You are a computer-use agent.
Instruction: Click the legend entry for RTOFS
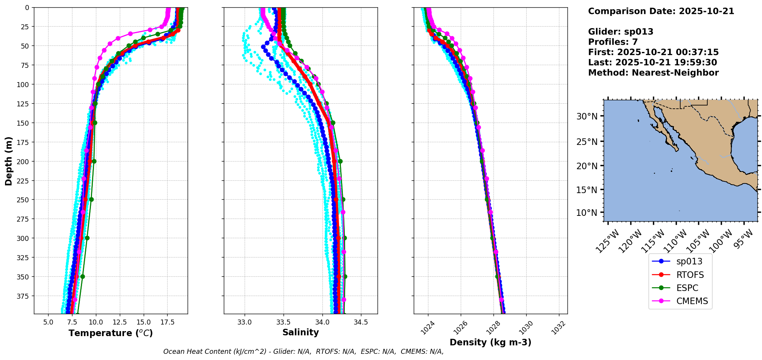tap(690, 275)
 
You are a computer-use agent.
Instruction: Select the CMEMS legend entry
tap(692, 301)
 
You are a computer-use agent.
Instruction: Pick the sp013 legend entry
tap(689, 261)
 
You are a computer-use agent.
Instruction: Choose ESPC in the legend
tap(687, 288)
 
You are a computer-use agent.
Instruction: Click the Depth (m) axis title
tap(8, 161)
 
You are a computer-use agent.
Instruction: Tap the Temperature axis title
tap(111, 333)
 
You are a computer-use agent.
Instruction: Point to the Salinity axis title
tap(300, 332)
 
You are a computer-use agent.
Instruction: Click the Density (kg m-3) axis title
tap(490, 342)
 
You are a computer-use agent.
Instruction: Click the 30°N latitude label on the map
tap(587, 116)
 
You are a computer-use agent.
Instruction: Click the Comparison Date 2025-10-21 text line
tap(661, 11)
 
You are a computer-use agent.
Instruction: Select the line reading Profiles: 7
tap(613, 42)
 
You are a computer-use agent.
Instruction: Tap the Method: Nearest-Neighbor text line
tap(653, 73)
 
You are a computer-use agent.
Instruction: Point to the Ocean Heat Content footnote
tap(303, 352)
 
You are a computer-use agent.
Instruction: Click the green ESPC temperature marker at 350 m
tap(82, 276)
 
